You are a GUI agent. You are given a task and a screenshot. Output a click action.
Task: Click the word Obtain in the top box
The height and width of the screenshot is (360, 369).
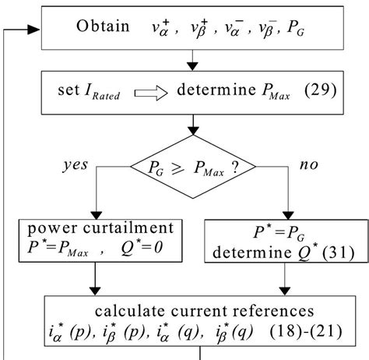tap(104, 27)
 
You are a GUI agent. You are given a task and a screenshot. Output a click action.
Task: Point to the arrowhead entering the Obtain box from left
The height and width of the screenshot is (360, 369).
tap(34, 29)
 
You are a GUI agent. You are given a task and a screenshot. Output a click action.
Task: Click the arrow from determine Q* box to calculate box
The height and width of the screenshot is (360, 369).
tap(290, 278)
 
